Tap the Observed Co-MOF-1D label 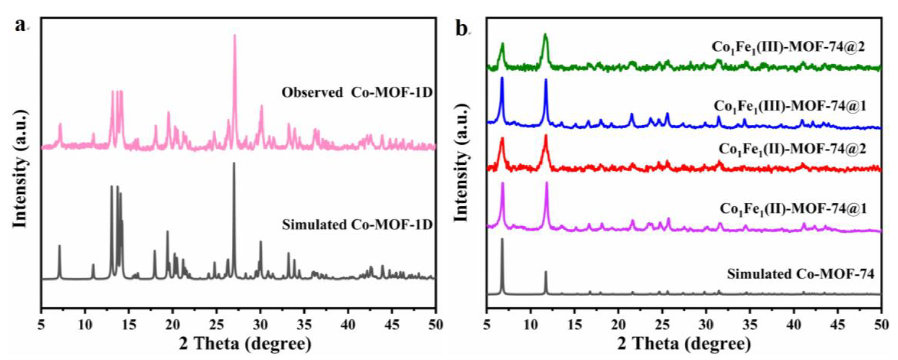356,93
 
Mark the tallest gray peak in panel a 234,164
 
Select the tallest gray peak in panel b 502,240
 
